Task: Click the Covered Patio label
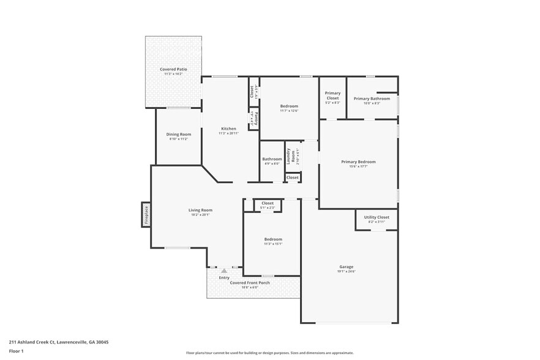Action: tap(173, 70)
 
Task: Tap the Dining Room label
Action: tap(179, 134)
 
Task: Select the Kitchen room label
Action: tap(228, 129)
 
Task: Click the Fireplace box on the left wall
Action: tap(146, 215)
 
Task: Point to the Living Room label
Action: tap(200, 210)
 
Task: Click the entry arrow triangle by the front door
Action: tap(224, 270)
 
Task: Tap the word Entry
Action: tap(224, 277)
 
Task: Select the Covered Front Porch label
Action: tap(250, 283)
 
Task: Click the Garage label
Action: tap(347, 266)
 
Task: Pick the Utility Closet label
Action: tap(377, 217)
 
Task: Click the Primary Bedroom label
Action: tap(358, 162)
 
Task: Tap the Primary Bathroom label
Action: tap(372, 99)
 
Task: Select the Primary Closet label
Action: tap(332, 96)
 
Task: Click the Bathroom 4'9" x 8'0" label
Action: tap(272, 159)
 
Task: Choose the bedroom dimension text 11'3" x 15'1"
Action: tap(273, 244)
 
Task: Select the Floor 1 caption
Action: tap(17, 351)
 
